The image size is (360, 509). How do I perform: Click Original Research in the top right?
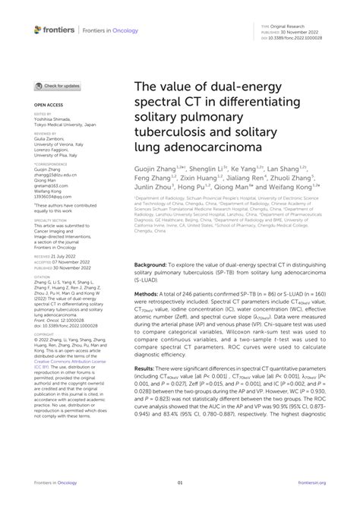pyautogui.click(x=283, y=24)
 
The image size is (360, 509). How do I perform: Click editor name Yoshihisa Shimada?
pyautogui.click(x=55, y=119)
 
